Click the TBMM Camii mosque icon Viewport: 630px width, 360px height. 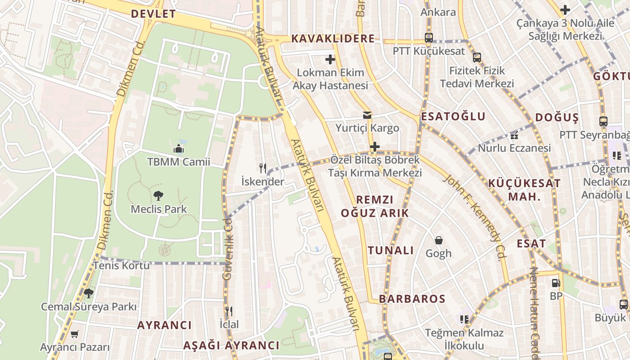pos(179,148)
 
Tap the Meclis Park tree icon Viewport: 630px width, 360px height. pos(158,196)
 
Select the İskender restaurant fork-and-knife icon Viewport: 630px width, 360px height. pos(263,168)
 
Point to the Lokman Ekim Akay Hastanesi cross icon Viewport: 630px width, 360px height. pos(330,59)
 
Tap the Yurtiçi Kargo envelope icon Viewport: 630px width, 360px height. pos(367,115)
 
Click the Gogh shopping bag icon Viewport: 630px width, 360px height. pos(438,240)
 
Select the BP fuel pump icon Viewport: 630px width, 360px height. pos(556,283)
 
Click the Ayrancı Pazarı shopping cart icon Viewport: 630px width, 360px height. pos(75,334)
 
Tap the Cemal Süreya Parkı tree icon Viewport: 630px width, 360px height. pos(88,293)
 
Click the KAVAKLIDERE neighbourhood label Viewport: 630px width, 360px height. pos(333,39)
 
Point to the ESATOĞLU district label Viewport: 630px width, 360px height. pos(453,117)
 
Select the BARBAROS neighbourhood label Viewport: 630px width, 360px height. pos(412,299)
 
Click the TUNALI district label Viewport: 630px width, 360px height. pos(391,251)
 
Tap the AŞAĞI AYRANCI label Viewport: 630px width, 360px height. pos(231,346)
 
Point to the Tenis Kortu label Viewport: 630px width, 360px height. pos(121,265)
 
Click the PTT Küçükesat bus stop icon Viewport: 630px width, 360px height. pos(429,38)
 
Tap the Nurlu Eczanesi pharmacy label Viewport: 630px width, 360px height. pos(514,148)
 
